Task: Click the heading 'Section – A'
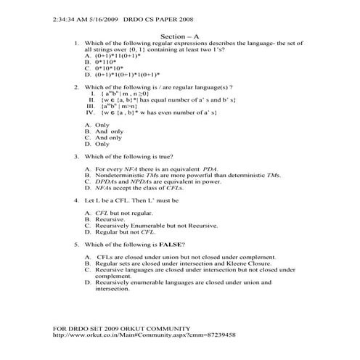[180, 35]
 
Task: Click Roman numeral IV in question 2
[91, 112]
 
